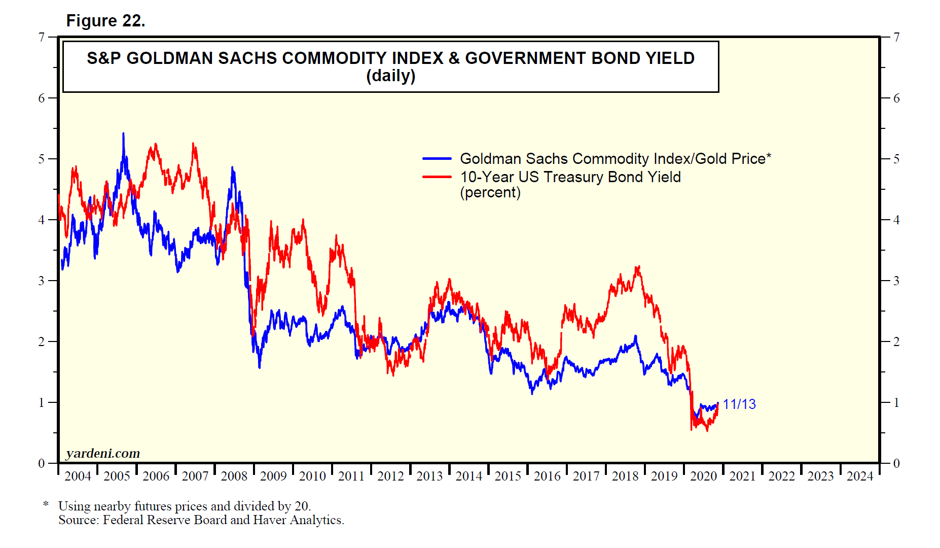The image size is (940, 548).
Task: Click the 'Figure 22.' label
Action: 105,21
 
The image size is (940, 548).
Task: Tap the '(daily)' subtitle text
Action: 390,76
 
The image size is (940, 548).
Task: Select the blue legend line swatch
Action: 437,159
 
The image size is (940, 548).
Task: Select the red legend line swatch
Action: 437,177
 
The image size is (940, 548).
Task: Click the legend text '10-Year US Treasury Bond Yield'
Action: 570,177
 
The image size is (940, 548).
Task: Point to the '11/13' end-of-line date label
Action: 739,404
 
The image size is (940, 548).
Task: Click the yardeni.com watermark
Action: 103,453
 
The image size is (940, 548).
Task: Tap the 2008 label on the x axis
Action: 234,476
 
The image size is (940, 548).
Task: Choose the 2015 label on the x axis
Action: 508,476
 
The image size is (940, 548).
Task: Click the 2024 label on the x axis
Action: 860,476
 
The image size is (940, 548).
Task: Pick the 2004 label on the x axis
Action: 78,476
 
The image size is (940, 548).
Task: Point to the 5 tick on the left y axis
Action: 42,159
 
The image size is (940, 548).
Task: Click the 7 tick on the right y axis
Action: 896,37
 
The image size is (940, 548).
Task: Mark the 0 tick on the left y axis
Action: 42,463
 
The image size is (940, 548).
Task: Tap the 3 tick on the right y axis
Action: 896,281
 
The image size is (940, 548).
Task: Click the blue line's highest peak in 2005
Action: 123,134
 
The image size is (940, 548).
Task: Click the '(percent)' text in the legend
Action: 490,193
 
